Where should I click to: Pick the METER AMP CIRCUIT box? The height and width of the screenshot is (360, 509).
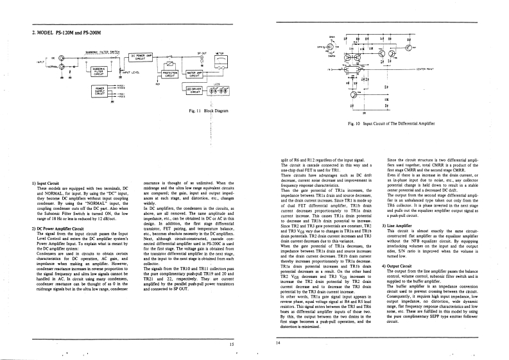194,74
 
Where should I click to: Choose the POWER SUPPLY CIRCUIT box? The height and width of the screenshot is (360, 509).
100,90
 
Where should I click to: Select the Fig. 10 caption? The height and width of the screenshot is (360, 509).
391,123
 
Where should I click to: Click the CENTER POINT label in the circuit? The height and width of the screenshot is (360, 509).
429,67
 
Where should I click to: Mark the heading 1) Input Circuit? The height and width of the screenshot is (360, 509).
44,183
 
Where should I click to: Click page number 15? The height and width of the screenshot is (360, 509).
232,345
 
